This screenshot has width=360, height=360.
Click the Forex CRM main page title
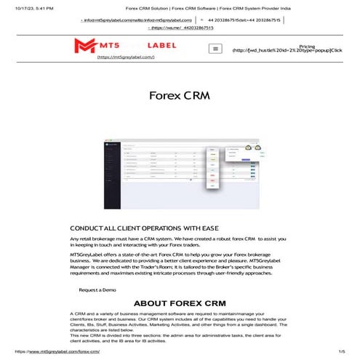(x=180, y=96)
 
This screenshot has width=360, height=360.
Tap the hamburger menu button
(x=215, y=49)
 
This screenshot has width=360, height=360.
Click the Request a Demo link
(x=97, y=289)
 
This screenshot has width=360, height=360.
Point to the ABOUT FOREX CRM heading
(x=180, y=303)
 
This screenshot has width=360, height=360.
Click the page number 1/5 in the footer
(x=341, y=351)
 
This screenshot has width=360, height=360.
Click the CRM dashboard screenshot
(x=179, y=167)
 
